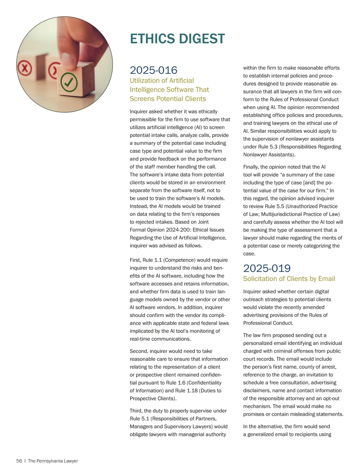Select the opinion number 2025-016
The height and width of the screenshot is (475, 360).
153,70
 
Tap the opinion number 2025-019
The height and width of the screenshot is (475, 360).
267,268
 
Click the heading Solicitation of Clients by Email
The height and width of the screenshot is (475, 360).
289,279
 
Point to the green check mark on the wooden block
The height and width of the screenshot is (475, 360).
69,82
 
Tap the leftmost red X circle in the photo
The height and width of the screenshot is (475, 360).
25,68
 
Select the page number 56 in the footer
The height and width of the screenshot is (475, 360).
19,461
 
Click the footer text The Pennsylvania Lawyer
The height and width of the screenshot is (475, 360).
53,461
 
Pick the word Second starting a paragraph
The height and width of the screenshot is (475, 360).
139,351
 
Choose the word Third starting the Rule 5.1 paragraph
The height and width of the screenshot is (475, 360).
136,411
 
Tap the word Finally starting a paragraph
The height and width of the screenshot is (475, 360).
251,167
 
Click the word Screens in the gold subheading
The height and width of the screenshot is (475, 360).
140,99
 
